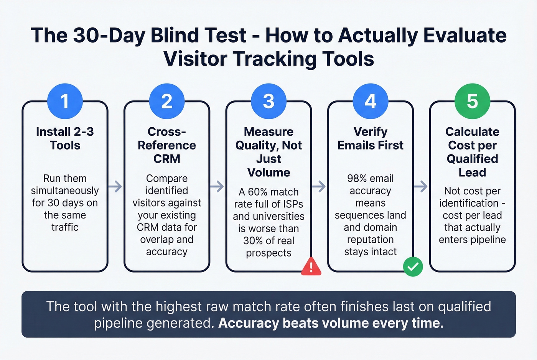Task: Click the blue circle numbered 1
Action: tap(65, 101)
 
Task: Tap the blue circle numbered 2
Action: tap(167, 101)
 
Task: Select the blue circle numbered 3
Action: tap(268, 101)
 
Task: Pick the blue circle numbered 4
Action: tap(371, 101)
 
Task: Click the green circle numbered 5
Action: tap(472, 101)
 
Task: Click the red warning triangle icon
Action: tap(311, 266)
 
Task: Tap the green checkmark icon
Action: tap(413, 266)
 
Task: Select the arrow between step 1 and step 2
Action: tap(115, 187)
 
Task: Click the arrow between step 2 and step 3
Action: tap(217, 187)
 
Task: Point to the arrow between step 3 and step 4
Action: tap(319, 187)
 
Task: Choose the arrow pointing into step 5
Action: tap(421, 187)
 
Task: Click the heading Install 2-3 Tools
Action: tap(65, 138)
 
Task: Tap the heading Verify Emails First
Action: tap(371, 138)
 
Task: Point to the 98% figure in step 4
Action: tap(357, 179)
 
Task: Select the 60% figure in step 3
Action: tap(257, 192)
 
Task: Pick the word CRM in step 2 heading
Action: tap(167, 159)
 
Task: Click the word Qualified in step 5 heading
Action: tap(472, 159)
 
